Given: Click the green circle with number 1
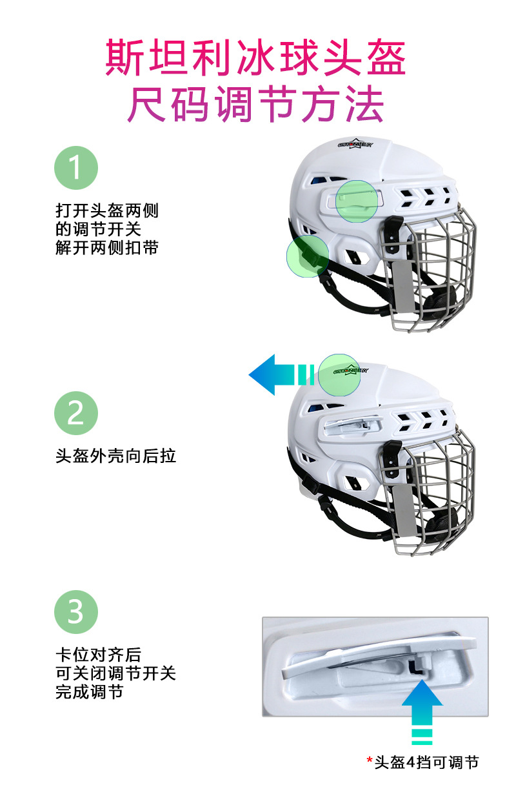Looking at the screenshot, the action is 76,167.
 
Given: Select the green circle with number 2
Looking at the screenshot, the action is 76,413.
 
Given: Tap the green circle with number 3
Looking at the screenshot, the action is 76,610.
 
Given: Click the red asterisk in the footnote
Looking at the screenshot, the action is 370,761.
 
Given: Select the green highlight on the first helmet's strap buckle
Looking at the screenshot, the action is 307,256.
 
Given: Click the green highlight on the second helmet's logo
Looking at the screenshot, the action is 339,374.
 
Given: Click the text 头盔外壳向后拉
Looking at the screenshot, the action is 115,456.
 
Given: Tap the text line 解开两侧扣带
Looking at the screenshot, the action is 106,247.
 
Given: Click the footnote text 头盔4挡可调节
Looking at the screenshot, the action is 426,762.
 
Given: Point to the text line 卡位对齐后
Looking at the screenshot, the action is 98,654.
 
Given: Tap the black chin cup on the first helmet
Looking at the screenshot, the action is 439,303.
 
